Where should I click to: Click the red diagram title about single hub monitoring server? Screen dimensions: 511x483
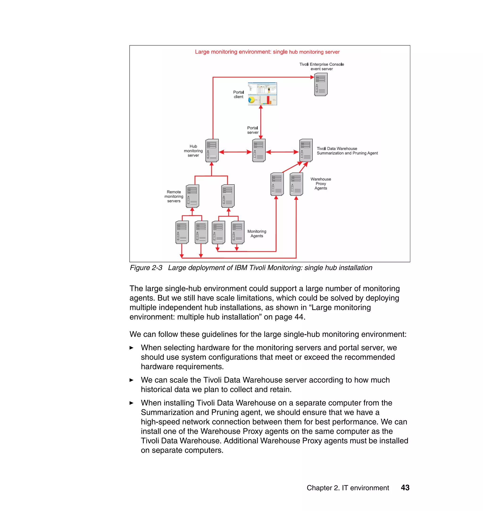pos(267,52)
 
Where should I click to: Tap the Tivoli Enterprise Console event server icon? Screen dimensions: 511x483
pos(321,84)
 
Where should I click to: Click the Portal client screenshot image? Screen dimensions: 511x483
pos(262,94)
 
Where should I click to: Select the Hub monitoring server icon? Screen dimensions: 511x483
pos(212,151)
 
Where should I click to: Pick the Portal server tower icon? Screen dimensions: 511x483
pos(259,151)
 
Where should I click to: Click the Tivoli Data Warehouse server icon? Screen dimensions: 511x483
pos(306,151)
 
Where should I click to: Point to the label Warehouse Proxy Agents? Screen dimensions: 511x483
pos(321,183)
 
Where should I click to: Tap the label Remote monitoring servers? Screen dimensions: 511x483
pos(174,196)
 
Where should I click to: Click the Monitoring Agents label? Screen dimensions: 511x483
pos(257,234)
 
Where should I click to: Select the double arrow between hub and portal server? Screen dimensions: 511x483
pos(235,152)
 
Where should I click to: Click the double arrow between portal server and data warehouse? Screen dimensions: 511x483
pos(282,152)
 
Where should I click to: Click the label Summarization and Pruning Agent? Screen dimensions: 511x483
pos(347,153)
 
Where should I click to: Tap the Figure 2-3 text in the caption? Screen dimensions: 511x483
pos(146,268)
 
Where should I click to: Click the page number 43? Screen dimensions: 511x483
pos(405,488)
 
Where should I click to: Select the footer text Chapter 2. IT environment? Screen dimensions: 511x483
pos(348,488)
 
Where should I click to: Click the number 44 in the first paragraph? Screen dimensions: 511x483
pos(299,317)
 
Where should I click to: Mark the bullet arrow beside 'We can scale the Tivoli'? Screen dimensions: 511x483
pos(132,380)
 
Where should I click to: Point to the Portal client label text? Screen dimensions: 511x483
pos(238,95)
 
